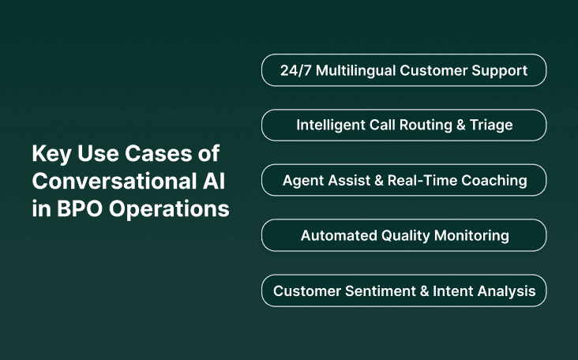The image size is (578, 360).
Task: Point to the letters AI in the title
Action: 215,182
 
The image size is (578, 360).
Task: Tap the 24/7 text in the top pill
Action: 297,70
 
